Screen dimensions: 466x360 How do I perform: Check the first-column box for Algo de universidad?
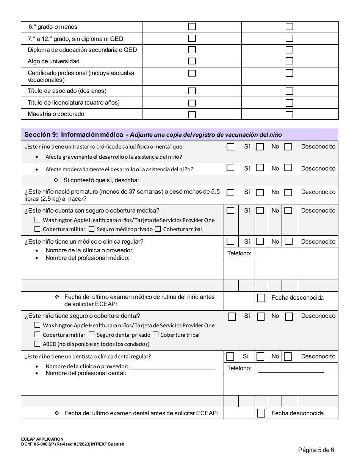pyautogui.click(x=192, y=61)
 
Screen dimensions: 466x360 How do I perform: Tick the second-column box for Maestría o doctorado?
pyautogui.click(x=290, y=114)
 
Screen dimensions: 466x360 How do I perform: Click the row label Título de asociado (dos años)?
pyautogui.click(x=67, y=91)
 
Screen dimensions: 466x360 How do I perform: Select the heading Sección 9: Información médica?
pyautogui.click(x=74, y=134)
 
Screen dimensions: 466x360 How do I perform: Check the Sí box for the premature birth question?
pyautogui.click(x=230, y=192)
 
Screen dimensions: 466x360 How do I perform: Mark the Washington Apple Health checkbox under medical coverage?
pyautogui.click(x=37, y=220)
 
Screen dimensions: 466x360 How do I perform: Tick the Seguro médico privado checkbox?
pyautogui.click(x=91, y=229)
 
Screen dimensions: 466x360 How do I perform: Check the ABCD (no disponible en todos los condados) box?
pyautogui.click(x=37, y=344)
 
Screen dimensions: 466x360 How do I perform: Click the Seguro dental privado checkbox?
pyautogui.click(x=91, y=335)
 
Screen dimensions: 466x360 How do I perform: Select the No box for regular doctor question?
pyautogui.click(x=260, y=241)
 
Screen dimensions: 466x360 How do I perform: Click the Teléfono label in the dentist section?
pyautogui.click(x=239, y=368)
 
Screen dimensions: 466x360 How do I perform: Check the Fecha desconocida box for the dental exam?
pyautogui.click(x=261, y=413)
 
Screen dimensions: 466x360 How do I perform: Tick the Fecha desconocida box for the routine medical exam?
pyautogui.click(x=261, y=298)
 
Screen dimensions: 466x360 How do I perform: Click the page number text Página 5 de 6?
pyautogui.click(x=316, y=450)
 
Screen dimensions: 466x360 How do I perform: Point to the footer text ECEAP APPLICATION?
pyautogui.click(x=42, y=439)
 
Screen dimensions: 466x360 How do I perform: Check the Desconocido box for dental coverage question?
pyautogui.click(x=289, y=317)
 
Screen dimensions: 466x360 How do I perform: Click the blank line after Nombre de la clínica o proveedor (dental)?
pyautogui.click(x=172, y=367)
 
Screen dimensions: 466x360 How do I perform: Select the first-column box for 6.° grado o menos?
pyautogui.click(x=192, y=27)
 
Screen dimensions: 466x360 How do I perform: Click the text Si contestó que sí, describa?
pyautogui.click(x=101, y=180)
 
